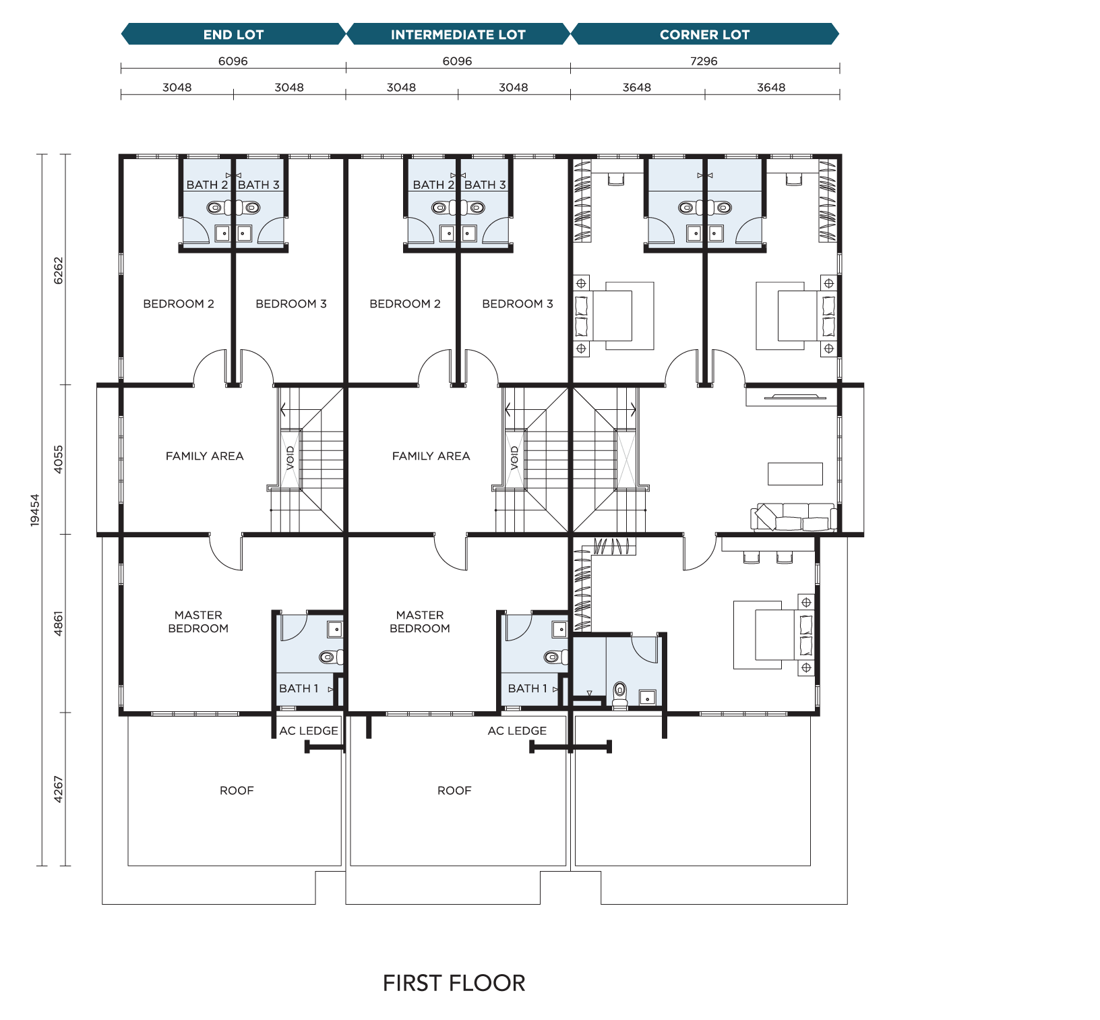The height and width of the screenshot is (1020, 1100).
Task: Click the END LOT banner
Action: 233,34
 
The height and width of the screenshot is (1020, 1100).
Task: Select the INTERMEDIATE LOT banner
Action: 458,34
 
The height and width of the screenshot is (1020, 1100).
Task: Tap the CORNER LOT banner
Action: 705,34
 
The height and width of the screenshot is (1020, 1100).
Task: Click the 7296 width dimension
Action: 704,61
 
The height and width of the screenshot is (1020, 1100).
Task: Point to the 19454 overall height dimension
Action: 35,510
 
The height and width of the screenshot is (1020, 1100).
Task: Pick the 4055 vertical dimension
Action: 59,459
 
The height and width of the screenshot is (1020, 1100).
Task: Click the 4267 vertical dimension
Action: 59,789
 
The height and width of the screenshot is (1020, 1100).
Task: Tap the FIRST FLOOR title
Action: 454,983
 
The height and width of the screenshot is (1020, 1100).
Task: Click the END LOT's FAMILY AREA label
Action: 205,456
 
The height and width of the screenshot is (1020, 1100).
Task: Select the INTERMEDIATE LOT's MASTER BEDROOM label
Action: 420,622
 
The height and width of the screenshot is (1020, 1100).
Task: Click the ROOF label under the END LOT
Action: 237,790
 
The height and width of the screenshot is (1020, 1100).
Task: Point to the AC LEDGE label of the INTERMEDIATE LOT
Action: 517,731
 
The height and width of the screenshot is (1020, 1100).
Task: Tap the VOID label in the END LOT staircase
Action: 291,458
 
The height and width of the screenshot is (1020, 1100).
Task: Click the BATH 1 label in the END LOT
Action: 299,688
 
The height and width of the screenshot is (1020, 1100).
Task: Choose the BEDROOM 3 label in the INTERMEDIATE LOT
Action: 518,304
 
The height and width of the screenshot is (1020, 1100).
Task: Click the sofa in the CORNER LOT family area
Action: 794,517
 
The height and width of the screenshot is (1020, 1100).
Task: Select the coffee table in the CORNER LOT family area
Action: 795,474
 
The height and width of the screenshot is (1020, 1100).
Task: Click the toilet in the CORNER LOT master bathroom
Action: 619,694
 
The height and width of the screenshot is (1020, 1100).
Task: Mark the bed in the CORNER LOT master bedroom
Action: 774,634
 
